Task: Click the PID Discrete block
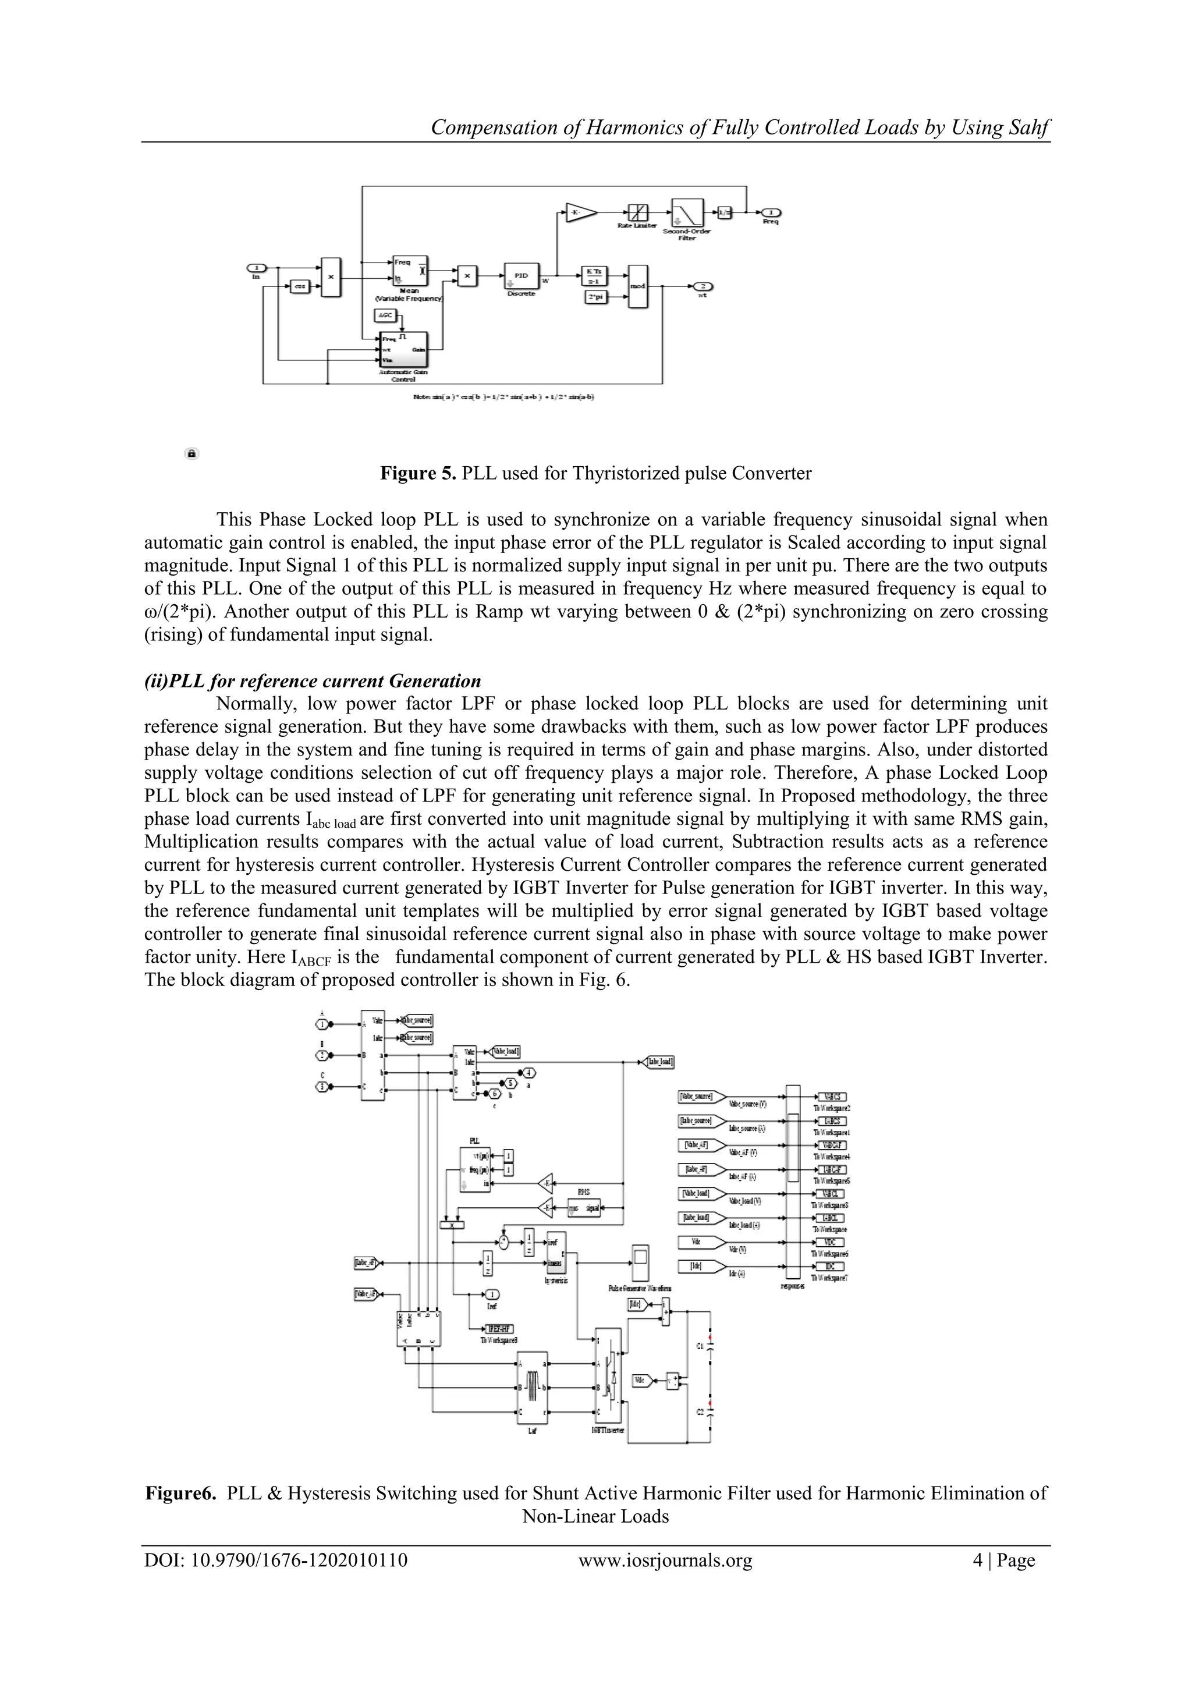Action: pos(521,276)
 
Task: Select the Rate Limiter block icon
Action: pos(637,212)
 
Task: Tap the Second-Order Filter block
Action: pos(686,213)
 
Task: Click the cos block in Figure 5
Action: pos(300,286)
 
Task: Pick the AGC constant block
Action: pos(385,315)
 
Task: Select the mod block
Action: pos(638,286)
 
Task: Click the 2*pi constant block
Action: pos(594,297)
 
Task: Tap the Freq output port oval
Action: pos(770,212)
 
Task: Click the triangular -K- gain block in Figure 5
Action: pos(580,212)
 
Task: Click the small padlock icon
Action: pos(191,453)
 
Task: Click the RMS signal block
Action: pos(584,1207)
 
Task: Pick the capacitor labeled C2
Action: pos(709,1411)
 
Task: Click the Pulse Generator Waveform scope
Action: pos(639,1263)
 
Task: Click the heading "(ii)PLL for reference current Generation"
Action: pos(313,680)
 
